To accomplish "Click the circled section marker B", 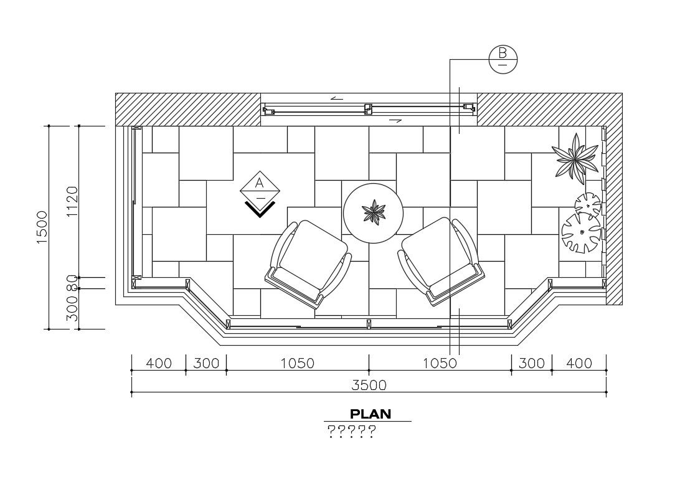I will (503, 59).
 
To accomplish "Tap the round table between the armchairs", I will (374, 212).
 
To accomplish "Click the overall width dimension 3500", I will (369, 385).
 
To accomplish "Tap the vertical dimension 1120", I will (72, 201).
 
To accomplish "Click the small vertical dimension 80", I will (72, 283).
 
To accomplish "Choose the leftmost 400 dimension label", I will (158, 363).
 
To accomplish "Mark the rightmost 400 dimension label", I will (579, 363).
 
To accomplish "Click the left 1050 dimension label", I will (297, 363).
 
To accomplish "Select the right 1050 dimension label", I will (440, 363).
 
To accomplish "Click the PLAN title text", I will (370, 414).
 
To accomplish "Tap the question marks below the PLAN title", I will (351, 431).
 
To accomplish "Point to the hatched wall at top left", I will (187, 109).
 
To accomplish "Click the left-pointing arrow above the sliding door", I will (337, 98).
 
